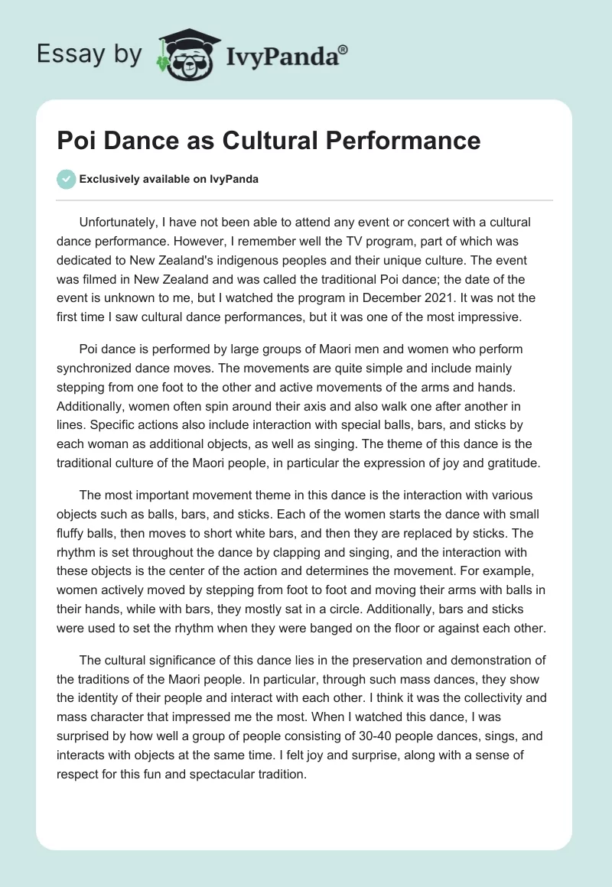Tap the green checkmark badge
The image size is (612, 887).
point(67,180)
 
